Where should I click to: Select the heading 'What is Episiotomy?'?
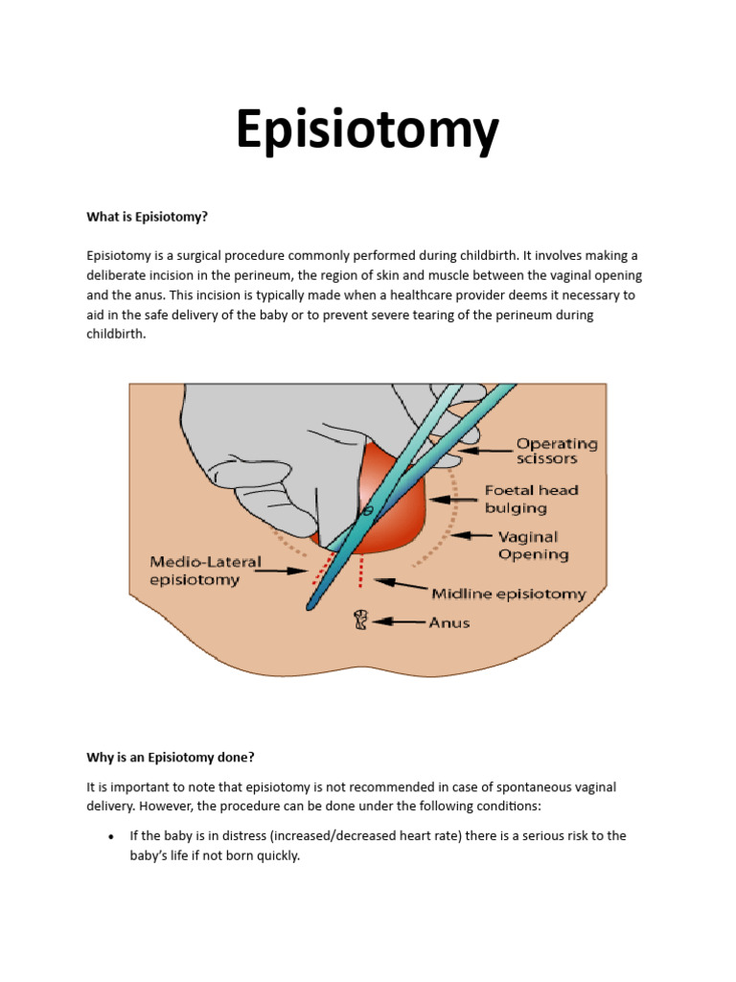[147, 217]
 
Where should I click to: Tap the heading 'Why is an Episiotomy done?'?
[171, 757]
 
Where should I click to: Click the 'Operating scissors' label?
[557, 451]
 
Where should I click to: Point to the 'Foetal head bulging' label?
[531, 499]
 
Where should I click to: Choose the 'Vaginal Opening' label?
[533, 546]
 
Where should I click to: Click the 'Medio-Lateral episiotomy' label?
[205, 571]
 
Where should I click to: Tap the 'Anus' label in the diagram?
[449, 622]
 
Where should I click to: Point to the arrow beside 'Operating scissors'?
[485, 449]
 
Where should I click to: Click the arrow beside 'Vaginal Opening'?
[471, 536]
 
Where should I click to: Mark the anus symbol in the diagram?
[360, 620]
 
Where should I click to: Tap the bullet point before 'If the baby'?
[111, 836]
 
